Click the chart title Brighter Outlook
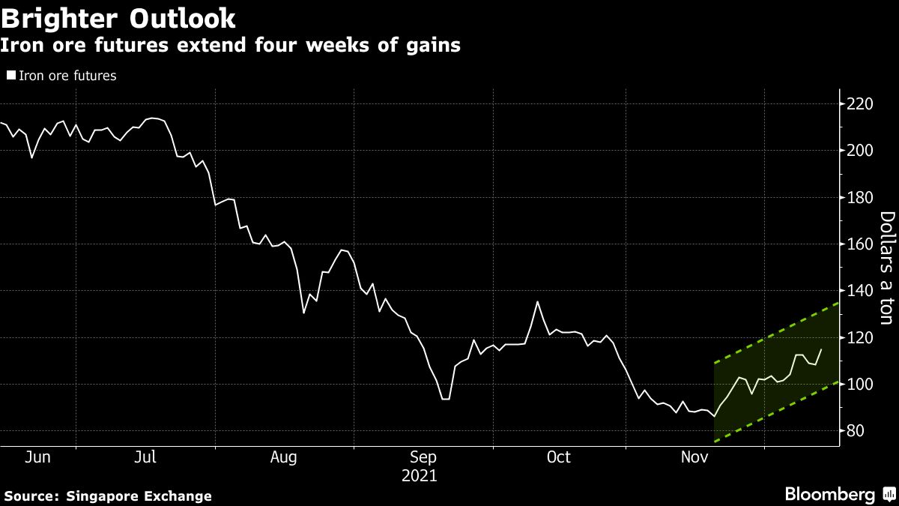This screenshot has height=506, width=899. click(x=118, y=18)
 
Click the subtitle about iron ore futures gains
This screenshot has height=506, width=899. click(x=230, y=46)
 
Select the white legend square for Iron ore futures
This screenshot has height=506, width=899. click(x=11, y=75)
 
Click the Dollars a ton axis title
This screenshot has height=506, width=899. click(x=887, y=268)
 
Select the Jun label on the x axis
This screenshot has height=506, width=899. click(x=38, y=457)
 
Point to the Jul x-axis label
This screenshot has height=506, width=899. click(x=145, y=457)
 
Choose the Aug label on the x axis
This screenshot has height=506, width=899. click(x=284, y=457)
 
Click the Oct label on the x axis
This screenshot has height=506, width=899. click(x=559, y=457)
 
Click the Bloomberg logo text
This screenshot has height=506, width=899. click(x=829, y=495)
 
